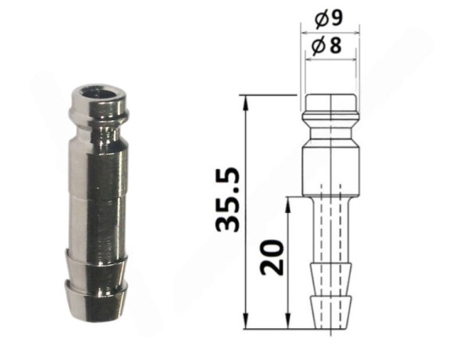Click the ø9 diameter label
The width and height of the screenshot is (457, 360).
tap(328, 20)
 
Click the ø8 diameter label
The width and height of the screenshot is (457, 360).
tap(326, 46)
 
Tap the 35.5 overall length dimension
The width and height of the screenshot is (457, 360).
tap(228, 199)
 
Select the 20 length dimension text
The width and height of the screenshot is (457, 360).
tap(272, 257)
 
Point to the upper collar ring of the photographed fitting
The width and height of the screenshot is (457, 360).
tap(98, 113)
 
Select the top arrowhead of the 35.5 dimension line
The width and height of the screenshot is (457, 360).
tap(246, 103)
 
